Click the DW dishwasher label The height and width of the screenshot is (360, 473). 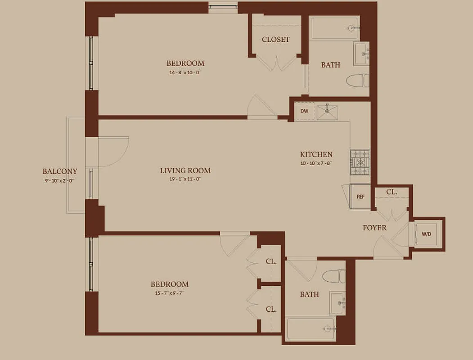tap(304, 111)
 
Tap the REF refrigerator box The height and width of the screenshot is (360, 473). tap(360, 197)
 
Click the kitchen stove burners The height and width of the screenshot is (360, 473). tap(360, 162)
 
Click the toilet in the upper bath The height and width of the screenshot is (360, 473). tap(358, 81)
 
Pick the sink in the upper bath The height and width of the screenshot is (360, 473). tap(361, 53)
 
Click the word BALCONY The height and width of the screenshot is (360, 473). tap(60, 171)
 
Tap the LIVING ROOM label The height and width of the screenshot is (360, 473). tap(185, 171)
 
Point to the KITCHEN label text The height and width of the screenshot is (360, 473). tap(316, 154)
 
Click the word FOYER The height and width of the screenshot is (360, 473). tap(374, 228)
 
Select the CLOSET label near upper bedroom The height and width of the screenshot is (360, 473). tap(275, 40)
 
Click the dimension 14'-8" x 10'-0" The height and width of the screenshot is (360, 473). tap(185, 72)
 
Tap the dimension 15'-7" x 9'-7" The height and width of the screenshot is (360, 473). tap(169, 293)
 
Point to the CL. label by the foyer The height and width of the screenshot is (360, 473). tap(392, 192)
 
